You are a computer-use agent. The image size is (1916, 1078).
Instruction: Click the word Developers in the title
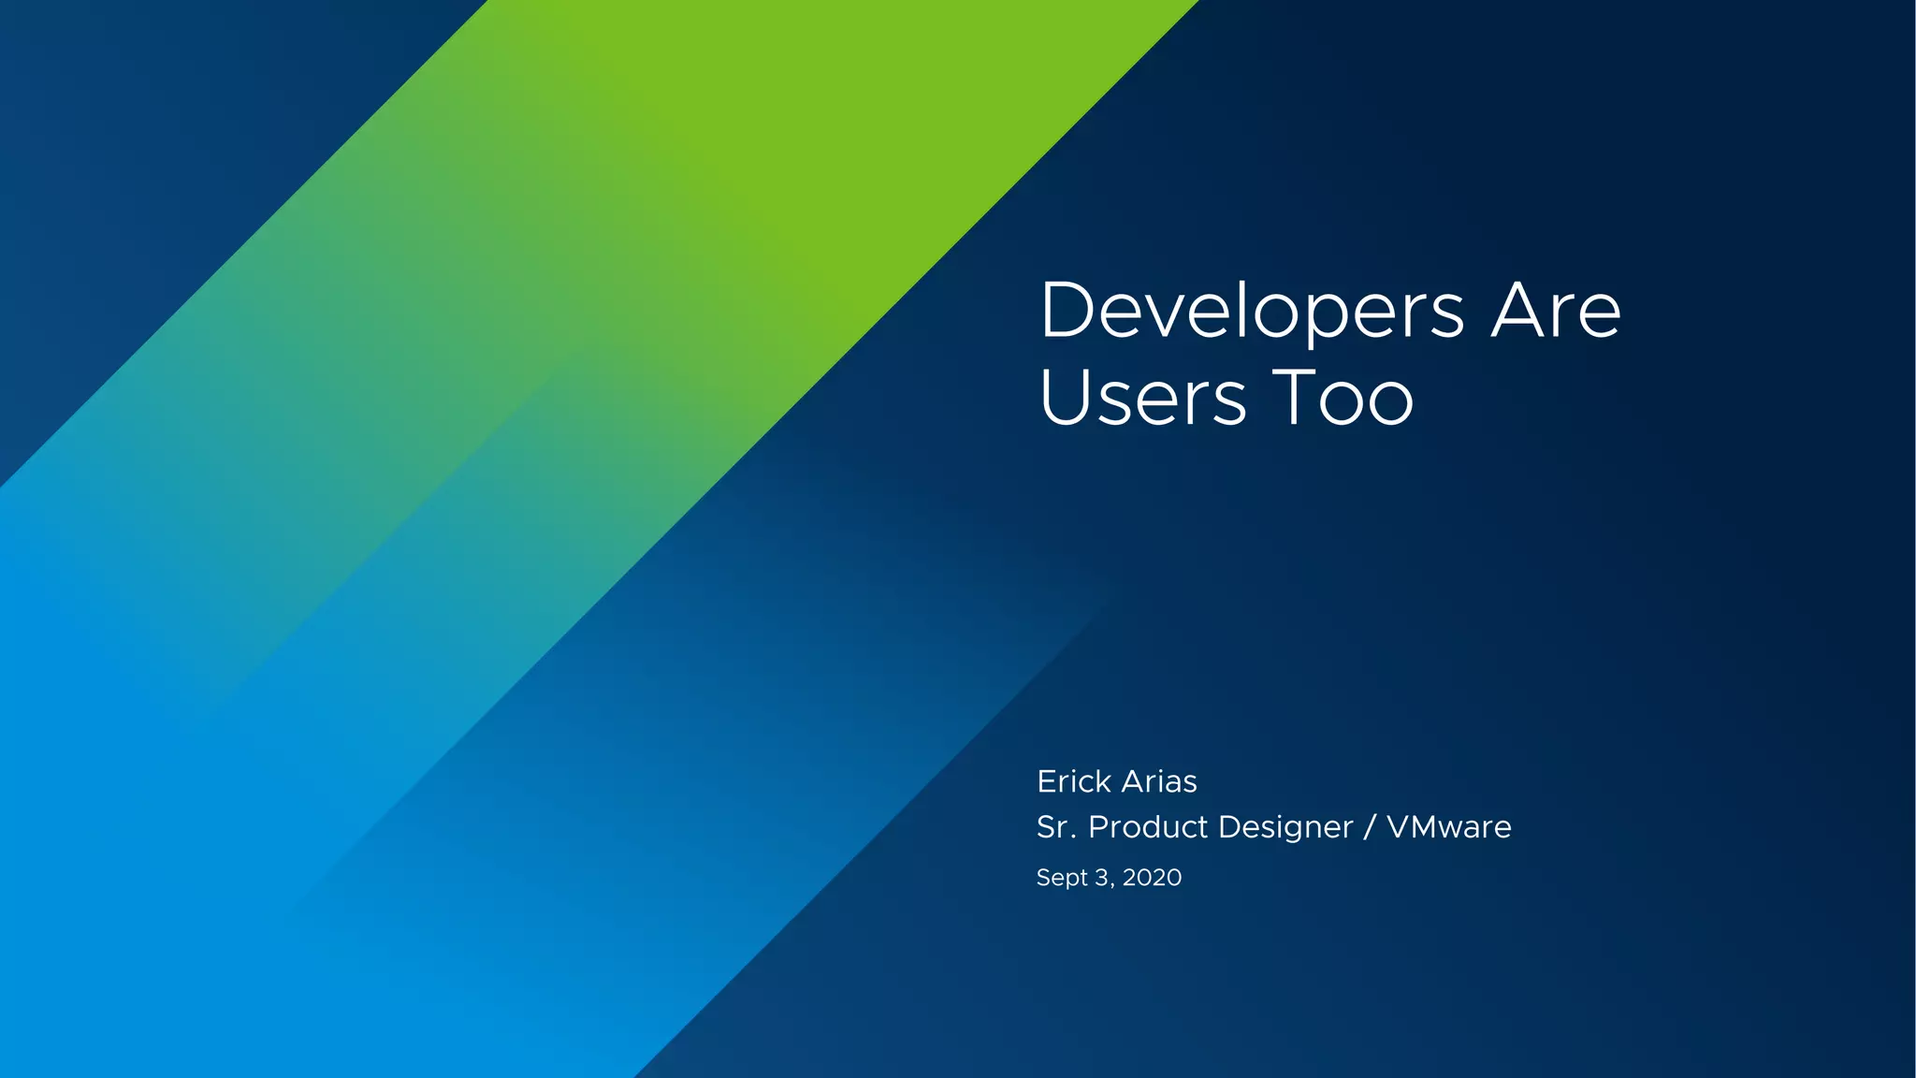pos(1252,312)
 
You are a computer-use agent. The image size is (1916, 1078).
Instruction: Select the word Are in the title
pos(1556,312)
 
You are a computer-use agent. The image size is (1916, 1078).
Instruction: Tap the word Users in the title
pos(1142,398)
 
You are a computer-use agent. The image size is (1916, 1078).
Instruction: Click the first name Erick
pos(1073,781)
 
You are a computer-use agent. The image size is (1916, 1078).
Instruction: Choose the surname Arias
pos(1159,781)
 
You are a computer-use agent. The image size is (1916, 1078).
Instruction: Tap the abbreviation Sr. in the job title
pos(1055,827)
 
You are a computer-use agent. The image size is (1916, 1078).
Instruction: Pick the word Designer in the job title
pos(1285,827)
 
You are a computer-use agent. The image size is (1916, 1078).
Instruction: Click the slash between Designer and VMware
pos(1370,827)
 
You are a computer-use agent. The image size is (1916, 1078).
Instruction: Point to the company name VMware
pos(1448,827)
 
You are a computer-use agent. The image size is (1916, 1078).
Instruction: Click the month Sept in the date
pos(1062,878)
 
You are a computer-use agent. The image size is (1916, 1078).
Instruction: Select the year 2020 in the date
pos(1152,878)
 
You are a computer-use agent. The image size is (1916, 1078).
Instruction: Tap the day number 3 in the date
pos(1102,878)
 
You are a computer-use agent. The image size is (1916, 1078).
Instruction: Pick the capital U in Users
pos(1064,397)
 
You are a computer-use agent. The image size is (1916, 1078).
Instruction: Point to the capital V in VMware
pos(1401,827)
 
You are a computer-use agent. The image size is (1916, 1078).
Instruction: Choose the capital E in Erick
pos(1046,781)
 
